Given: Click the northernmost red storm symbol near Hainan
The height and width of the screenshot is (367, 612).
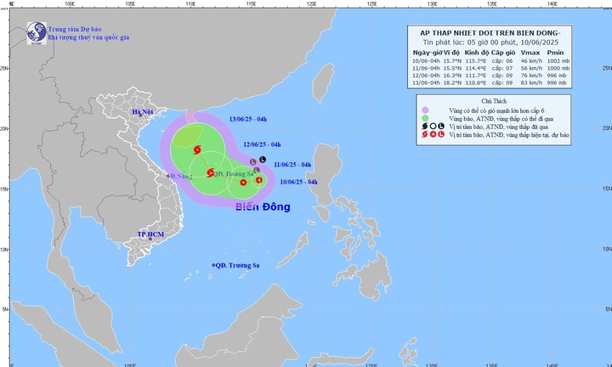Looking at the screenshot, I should (x=197, y=150).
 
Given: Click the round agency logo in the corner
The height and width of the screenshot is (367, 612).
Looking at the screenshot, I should (x=37, y=33).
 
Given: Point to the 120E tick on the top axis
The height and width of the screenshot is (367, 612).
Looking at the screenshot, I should (x=312, y=3).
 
